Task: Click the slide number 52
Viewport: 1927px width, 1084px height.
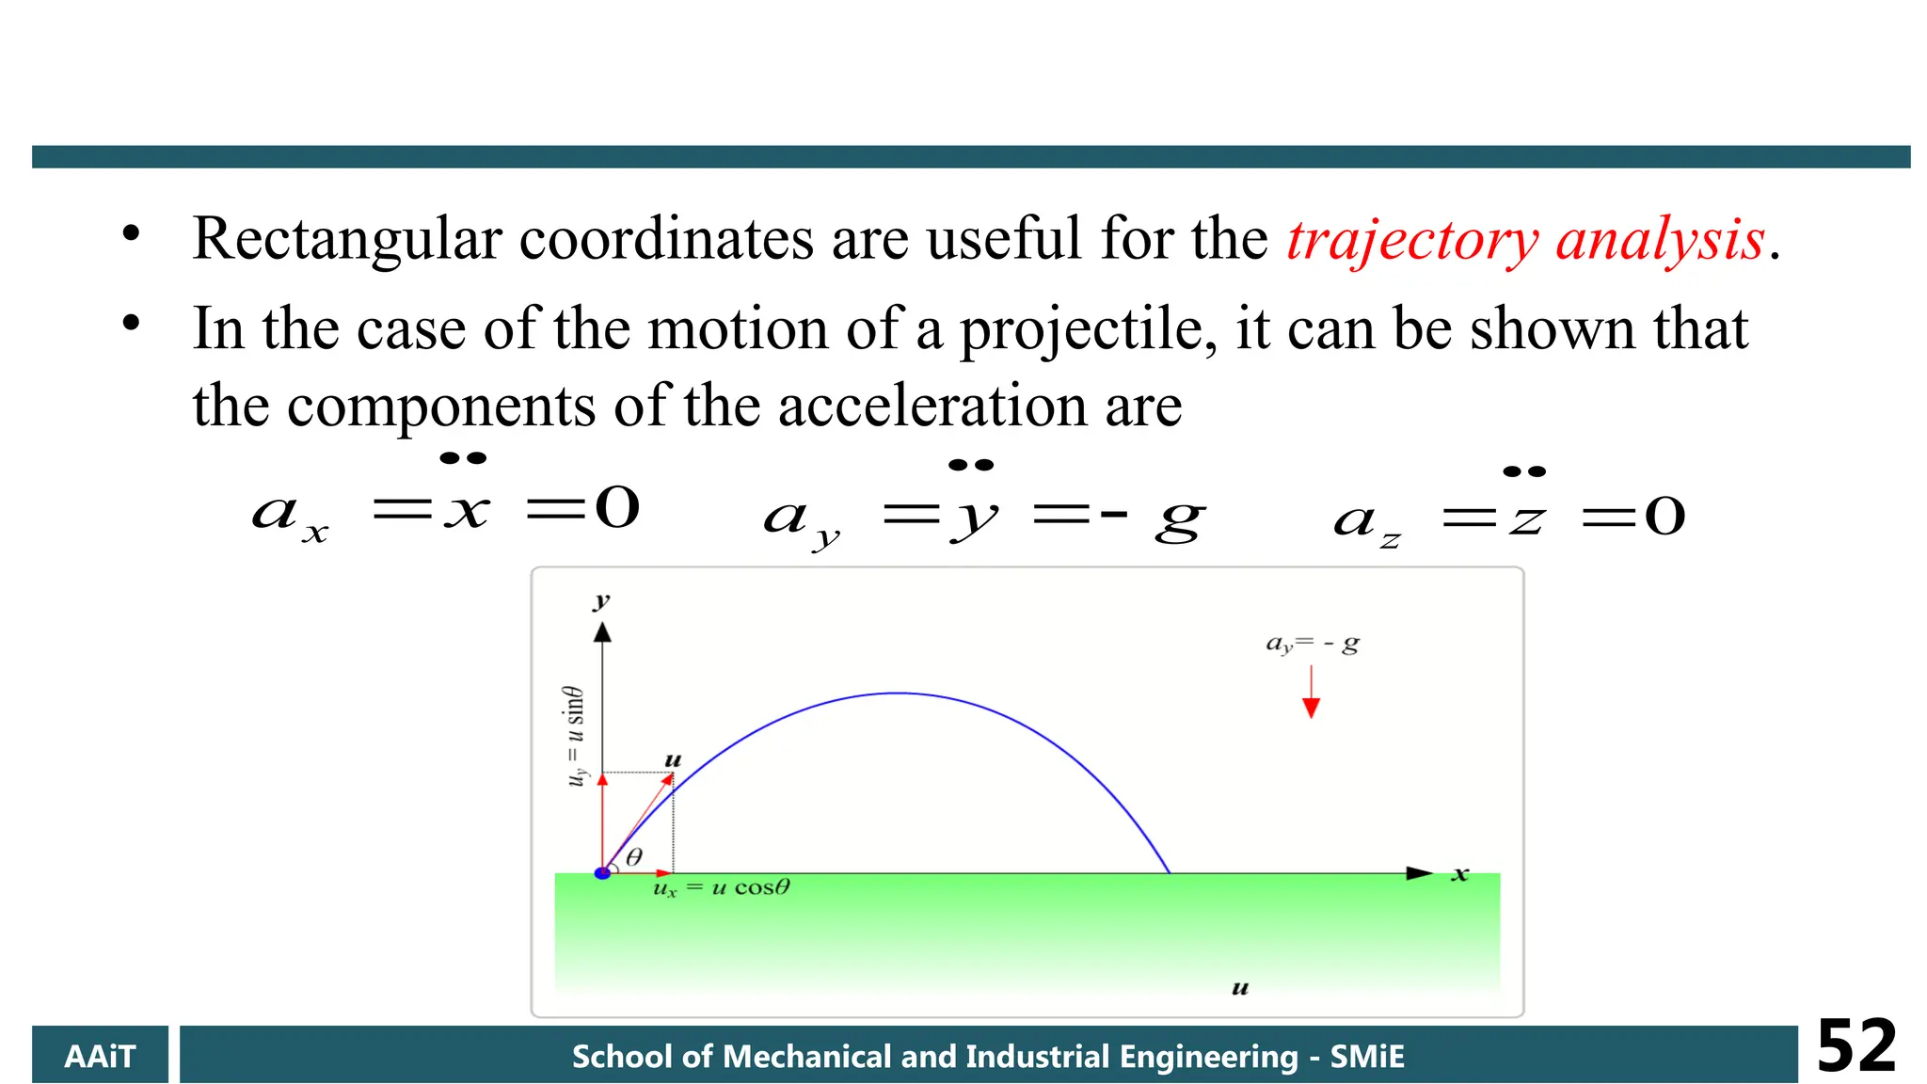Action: click(x=1855, y=1046)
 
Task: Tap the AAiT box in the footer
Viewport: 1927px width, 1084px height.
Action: click(x=100, y=1056)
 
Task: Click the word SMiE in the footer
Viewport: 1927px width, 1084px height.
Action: click(x=1367, y=1056)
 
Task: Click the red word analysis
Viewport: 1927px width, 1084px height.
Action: click(x=1660, y=240)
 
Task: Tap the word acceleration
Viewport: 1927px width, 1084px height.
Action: click(x=932, y=406)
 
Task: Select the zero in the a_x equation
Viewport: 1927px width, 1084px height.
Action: click(x=618, y=508)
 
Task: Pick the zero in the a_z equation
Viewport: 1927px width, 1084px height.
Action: click(x=1664, y=517)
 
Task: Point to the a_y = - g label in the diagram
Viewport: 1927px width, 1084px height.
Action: click(x=1312, y=645)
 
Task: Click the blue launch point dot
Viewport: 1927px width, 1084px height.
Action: click(x=603, y=873)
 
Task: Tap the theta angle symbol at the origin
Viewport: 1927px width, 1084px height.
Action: click(x=634, y=856)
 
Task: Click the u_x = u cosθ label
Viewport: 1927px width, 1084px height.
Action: click(x=722, y=888)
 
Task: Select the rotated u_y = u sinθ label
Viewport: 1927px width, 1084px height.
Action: click(x=575, y=736)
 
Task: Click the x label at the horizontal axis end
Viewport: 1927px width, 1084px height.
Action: click(x=1459, y=874)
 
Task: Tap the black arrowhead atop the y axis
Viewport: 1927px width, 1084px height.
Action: click(x=602, y=632)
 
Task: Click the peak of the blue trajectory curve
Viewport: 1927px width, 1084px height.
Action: click(x=899, y=693)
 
